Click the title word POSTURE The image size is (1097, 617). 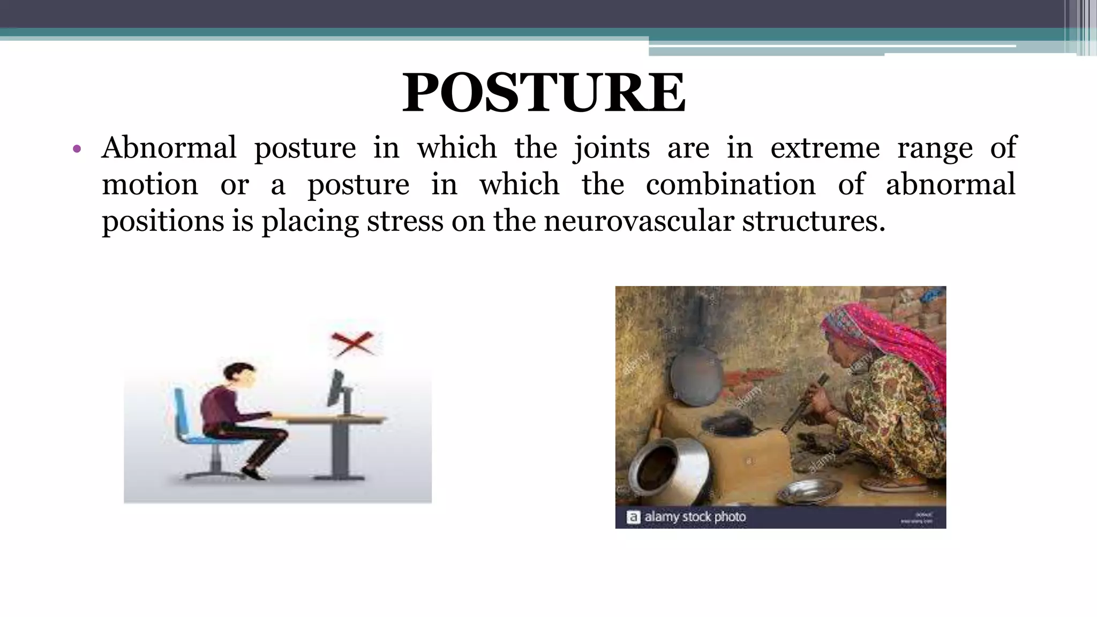tap(543, 94)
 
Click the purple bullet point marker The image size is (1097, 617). tap(77, 149)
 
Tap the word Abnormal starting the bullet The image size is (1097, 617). tap(169, 148)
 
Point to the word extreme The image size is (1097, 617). tap(825, 148)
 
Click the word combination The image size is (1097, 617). tap(730, 185)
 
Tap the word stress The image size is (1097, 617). tap(405, 221)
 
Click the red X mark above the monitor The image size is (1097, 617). tap(352, 343)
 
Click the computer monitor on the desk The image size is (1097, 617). tap(337, 388)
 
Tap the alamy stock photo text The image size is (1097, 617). tap(694, 517)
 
